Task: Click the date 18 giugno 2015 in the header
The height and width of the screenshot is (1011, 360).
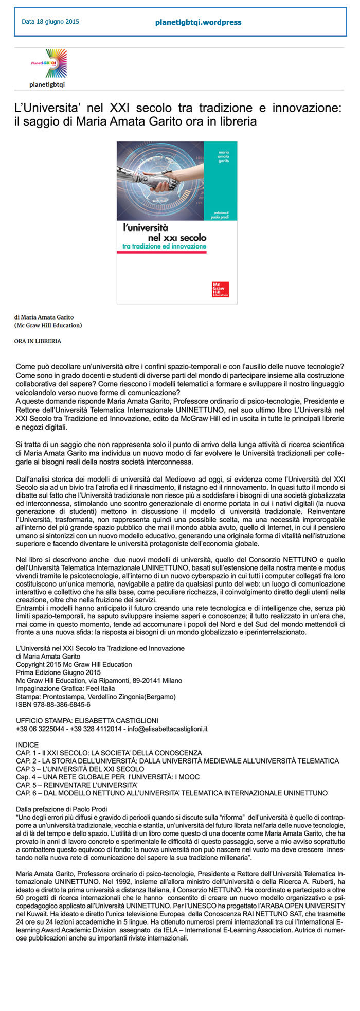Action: (50, 22)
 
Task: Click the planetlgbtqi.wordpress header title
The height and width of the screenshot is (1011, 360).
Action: (198, 22)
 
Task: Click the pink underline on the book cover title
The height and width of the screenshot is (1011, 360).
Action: (161, 252)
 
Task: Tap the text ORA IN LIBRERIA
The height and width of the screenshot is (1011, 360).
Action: (38, 341)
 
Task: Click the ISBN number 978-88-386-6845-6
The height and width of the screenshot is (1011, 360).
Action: (53, 704)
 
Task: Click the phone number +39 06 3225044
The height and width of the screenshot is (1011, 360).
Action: (41, 729)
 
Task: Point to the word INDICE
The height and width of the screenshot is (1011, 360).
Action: (27, 744)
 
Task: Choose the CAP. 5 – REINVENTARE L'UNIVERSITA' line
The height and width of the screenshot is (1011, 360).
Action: (77, 785)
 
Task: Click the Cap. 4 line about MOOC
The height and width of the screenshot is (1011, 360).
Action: (107, 777)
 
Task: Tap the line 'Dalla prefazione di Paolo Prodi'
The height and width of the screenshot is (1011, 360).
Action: (62, 809)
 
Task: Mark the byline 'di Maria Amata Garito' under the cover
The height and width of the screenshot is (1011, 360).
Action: (44, 317)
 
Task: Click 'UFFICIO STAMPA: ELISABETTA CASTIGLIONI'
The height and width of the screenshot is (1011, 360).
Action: (87, 720)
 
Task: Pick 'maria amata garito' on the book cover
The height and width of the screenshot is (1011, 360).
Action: (224, 157)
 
